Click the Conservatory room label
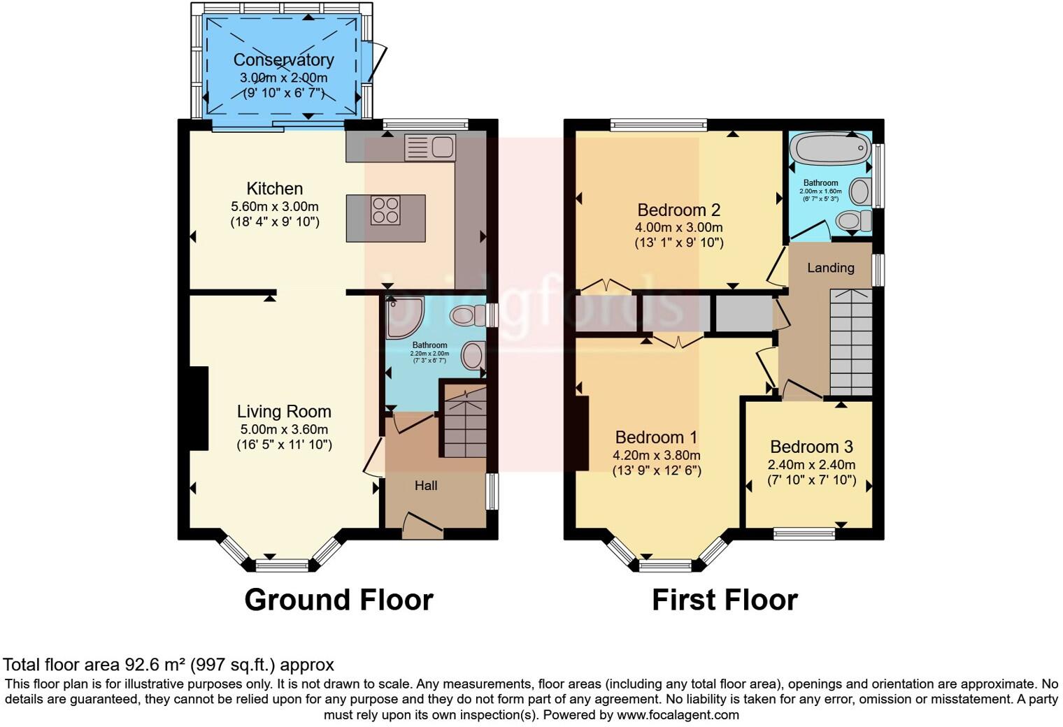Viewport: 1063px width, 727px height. coord(283,59)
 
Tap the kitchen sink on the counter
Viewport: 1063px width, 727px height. coord(430,147)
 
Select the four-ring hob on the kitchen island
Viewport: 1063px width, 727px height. coord(385,210)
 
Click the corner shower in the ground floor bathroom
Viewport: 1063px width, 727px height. coord(404,317)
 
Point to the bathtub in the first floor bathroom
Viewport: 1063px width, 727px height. coord(829,149)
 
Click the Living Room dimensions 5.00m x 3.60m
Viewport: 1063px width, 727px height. coord(283,429)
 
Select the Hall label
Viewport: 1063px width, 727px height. coord(426,485)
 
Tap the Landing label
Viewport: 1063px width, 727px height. coord(830,267)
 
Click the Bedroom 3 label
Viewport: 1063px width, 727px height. coord(811,447)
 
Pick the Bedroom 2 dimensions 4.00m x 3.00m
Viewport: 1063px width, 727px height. coord(678,227)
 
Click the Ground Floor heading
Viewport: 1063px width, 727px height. coord(338,600)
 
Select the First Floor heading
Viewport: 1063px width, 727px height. coord(725,600)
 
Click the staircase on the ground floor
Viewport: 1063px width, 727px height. coord(463,423)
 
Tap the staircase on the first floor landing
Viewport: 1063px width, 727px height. coord(850,343)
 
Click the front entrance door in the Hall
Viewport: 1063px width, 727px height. coord(422,526)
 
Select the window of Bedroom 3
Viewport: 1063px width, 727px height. coord(804,534)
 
